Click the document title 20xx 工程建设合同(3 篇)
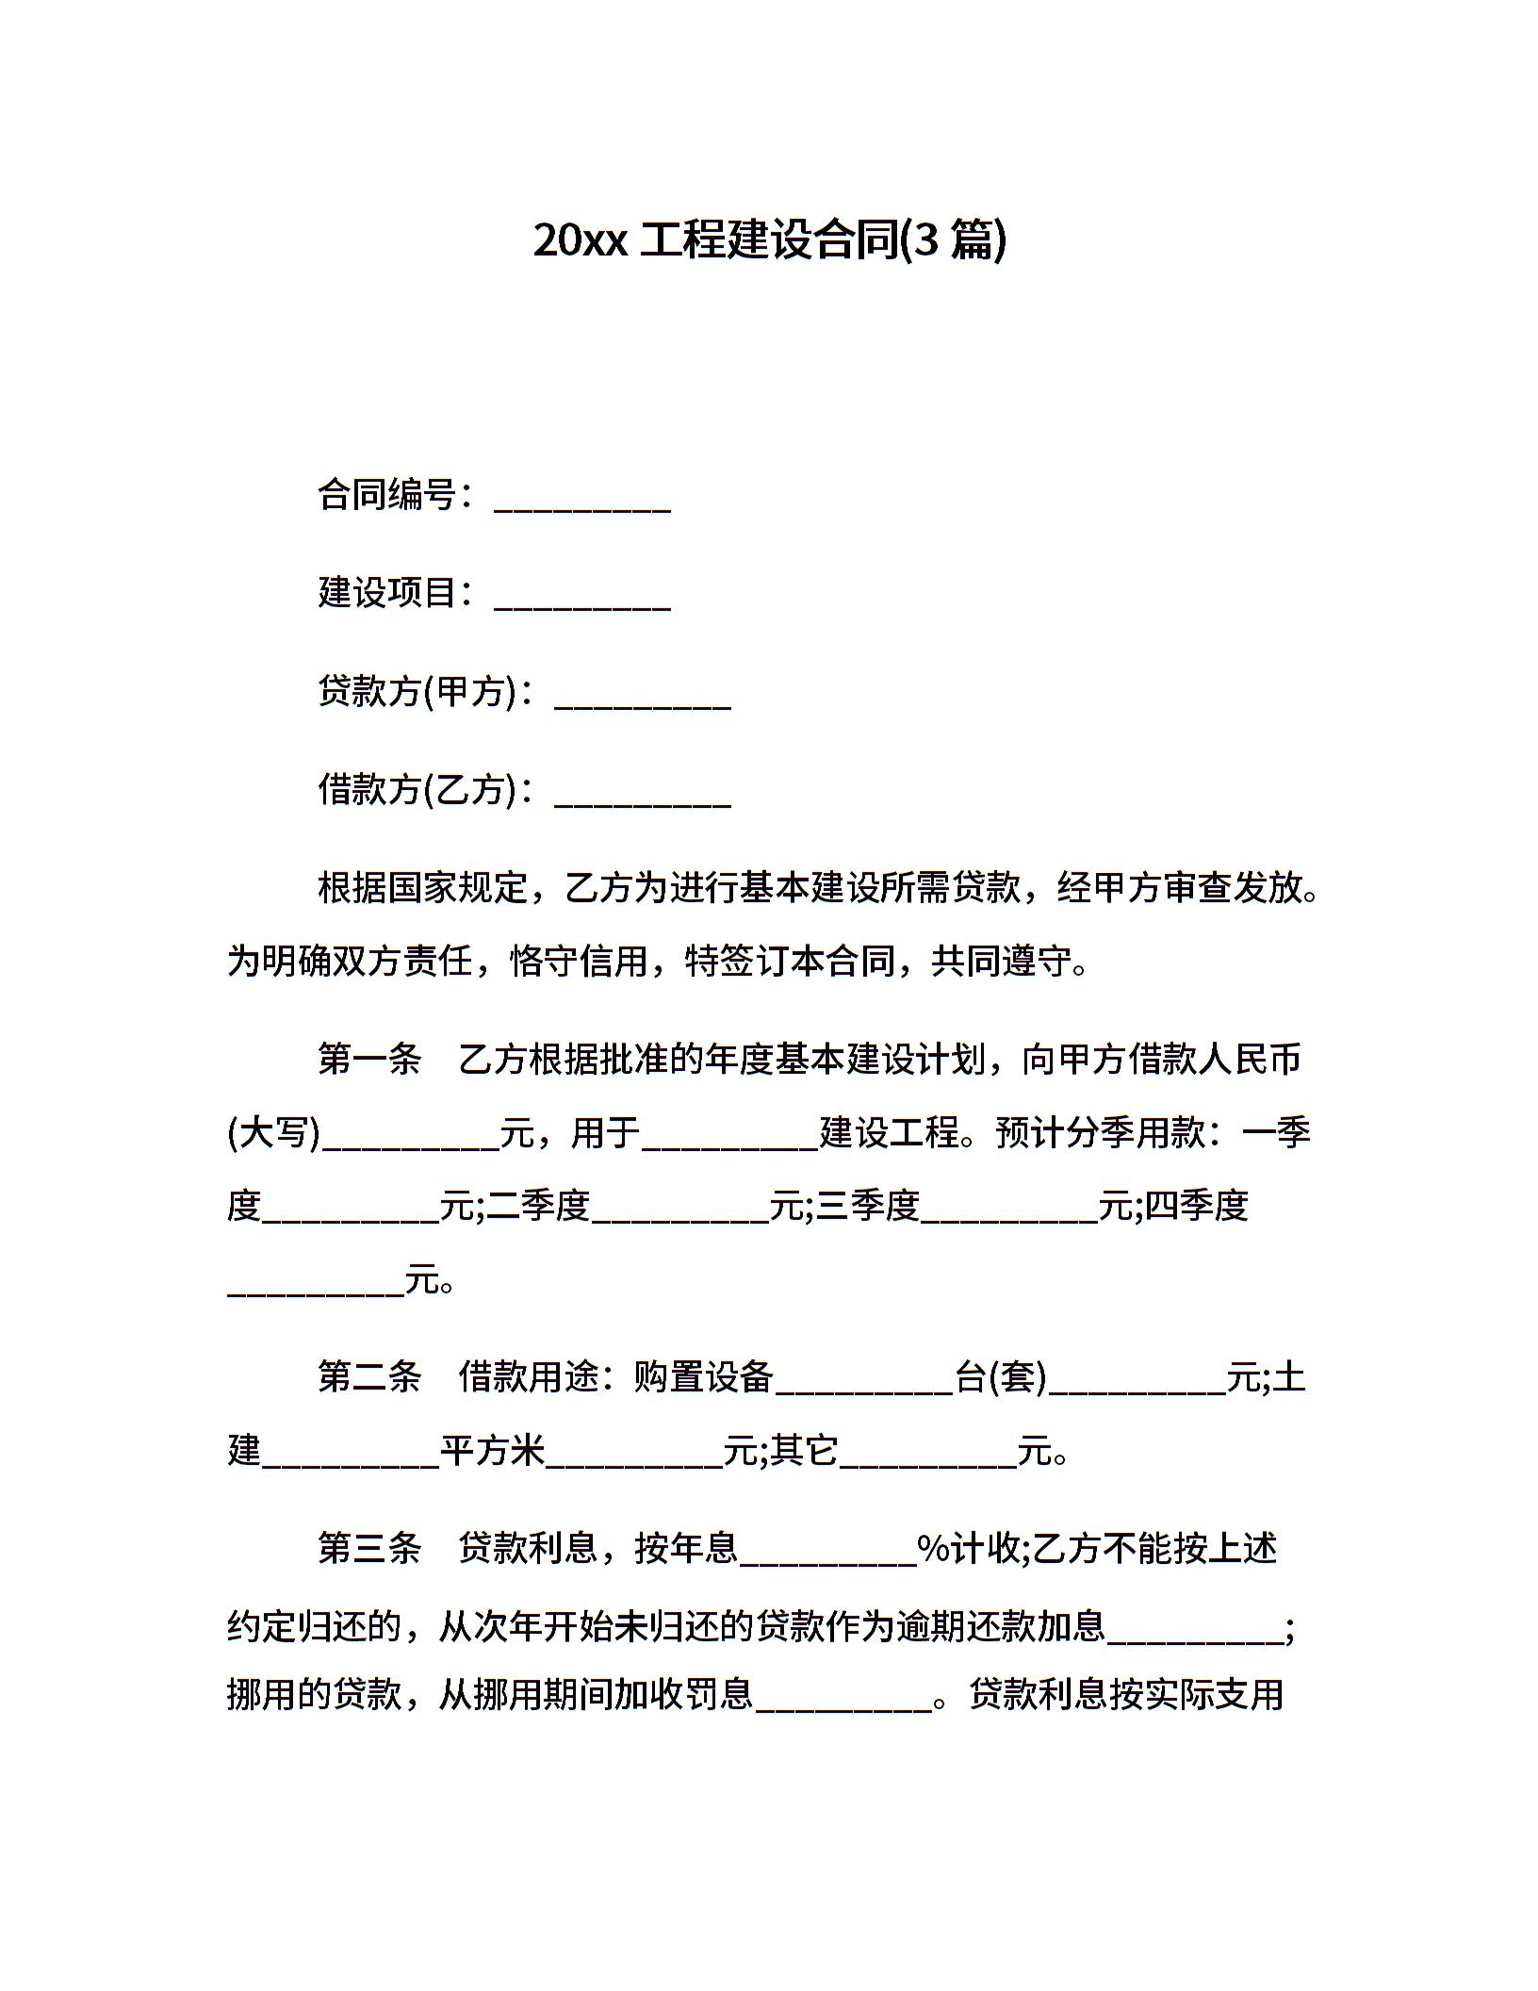[769, 239]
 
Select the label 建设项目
[387, 593]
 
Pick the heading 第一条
[369, 1060]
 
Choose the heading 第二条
[369, 1377]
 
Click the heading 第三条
[369, 1548]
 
